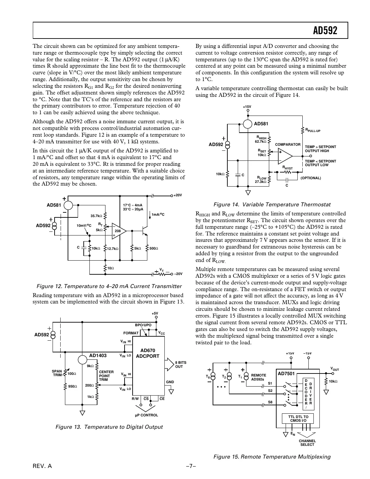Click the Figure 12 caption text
tap(108, 286)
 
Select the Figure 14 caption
tap(272, 204)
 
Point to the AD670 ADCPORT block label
tap(148, 353)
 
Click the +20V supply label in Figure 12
tap(177, 195)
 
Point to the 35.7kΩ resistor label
tap(96, 216)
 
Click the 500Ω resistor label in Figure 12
tap(154, 248)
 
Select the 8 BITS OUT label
tap(180, 364)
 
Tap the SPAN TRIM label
tap(57, 373)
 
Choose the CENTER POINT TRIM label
tap(106, 375)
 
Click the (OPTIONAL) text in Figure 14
tap(311, 178)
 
